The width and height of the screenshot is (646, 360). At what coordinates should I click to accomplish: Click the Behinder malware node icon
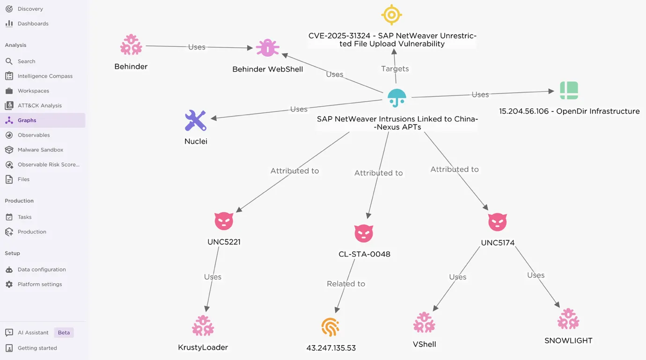pyautogui.click(x=131, y=45)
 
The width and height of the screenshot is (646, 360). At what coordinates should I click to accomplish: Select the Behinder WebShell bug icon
pyautogui.click(x=267, y=48)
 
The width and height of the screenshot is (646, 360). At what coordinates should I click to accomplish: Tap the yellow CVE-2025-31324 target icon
pyautogui.click(x=391, y=15)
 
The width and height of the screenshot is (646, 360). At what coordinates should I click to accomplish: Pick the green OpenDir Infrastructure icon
pyautogui.click(x=569, y=90)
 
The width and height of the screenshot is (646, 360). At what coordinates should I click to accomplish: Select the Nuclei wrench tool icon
pyautogui.click(x=196, y=121)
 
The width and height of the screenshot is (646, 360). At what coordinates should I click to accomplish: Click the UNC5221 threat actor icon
pyautogui.click(x=224, y=221)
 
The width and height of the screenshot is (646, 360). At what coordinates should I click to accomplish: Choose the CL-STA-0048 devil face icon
pyautogui.click(x=364, y=233)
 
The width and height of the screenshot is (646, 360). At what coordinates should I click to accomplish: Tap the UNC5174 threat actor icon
pyautogui.click(x=497, y=222)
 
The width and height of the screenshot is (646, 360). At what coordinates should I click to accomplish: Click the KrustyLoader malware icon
pyautogui.click(x=203, y=326)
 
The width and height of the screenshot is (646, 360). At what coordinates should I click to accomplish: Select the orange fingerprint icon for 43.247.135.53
pyautogui.click(x=330, y=327)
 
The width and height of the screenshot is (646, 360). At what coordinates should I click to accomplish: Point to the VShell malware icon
pyautogui.click(x=424, y=323)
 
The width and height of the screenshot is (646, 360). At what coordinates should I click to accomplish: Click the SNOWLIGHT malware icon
pyautogui.click(x=568, y=319)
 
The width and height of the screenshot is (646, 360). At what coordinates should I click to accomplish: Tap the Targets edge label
pyautogui.click(x=395, y=69)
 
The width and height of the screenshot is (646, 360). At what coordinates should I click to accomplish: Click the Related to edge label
pyautogui.click(x=346, y=284)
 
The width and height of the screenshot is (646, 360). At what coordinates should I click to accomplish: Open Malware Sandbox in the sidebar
pyautogui.click(x=40, y=150)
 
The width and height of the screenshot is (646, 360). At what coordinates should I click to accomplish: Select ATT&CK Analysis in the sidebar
pyautogui.click(x=39, y=106)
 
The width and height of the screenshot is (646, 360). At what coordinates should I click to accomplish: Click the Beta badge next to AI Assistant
pyautogui.click(x=64, y=333)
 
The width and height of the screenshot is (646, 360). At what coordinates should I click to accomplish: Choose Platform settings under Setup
pyautogui.click(x=39, y=285)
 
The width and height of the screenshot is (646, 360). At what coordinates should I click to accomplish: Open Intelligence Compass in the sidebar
pyautogui.click(x=45, y=76)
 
